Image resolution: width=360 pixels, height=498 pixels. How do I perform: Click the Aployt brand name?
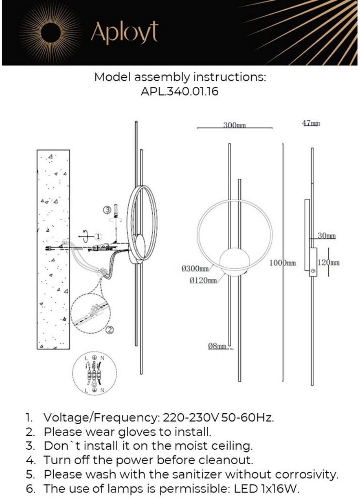pos(124,33)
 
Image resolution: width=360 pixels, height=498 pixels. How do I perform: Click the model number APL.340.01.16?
pos(179,92)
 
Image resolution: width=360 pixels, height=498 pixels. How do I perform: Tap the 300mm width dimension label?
pos(234,125)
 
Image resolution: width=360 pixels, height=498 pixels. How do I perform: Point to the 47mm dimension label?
pos(311,124)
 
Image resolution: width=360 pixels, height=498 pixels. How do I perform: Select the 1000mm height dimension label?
pos(283,263)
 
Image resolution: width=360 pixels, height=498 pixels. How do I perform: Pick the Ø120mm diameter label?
pos(203,280)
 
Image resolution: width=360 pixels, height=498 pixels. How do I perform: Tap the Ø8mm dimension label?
pos(217,346)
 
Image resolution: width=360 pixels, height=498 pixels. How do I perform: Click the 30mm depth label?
pos(326,236)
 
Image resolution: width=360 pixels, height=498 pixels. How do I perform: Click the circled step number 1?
pos(99,236)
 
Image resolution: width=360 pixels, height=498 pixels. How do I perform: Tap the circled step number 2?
pos(110,330)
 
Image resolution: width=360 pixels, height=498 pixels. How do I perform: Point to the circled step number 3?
pos(107,209)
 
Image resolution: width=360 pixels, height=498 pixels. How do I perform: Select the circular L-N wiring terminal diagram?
pos(94,373)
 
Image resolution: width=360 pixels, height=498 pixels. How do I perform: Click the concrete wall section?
pos(53,249)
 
